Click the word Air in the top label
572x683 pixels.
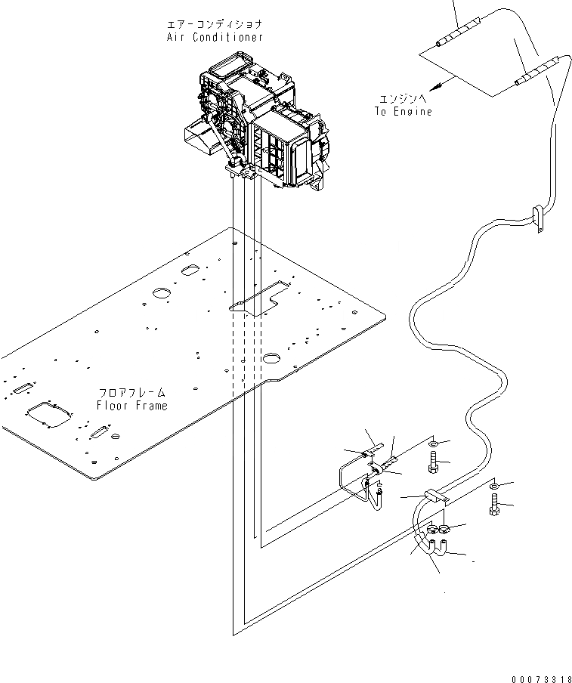(x=175, y=37)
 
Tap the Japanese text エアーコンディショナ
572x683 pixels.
(x=215, y=24)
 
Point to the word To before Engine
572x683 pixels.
(x=380, y=111)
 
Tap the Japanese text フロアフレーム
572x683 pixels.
(x=131, y=393)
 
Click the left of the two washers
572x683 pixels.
(x=431, y=443)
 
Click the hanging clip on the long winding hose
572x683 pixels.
(x=538, y=220)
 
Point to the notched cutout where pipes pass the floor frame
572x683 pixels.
(x=261, y=298)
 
